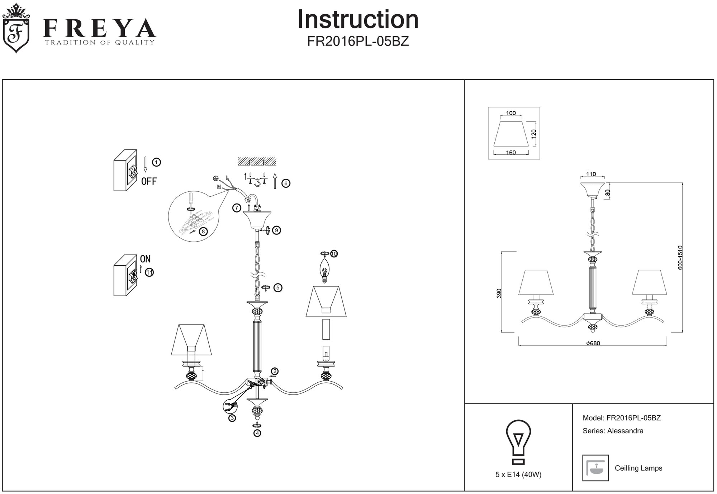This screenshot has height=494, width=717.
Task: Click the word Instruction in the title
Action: [x=358, y=20]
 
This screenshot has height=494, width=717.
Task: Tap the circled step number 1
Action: [x=156, y=162]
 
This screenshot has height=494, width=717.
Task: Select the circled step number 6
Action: [x=286, y=183]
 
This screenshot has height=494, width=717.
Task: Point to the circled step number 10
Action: [x=334, y=254]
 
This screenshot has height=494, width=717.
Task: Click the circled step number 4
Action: [x=257, y=433]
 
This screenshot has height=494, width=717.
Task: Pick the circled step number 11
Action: [x=149, y=272]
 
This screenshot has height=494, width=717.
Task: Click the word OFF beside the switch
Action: [x=149, y=181]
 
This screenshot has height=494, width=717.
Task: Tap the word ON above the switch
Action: [x=145, y=259]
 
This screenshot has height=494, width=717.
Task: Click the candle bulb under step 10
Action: [x=325, y=271]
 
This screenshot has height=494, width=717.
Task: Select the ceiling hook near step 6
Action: [x=257, y=183]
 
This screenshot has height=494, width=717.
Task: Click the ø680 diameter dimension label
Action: [x=593, y=343]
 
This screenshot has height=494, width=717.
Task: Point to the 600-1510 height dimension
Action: [x=680, y=257]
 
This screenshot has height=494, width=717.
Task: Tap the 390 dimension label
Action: [x=499, y=293]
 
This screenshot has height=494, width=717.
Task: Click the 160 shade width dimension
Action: [x=511, y=153]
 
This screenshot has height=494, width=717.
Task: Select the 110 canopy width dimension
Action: [x=591, y=174]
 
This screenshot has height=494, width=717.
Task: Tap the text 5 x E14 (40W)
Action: [x=518, y=475]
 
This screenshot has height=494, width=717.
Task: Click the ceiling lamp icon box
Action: [x=595, y=468]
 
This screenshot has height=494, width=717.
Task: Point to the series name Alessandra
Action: [x=625, y=431]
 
